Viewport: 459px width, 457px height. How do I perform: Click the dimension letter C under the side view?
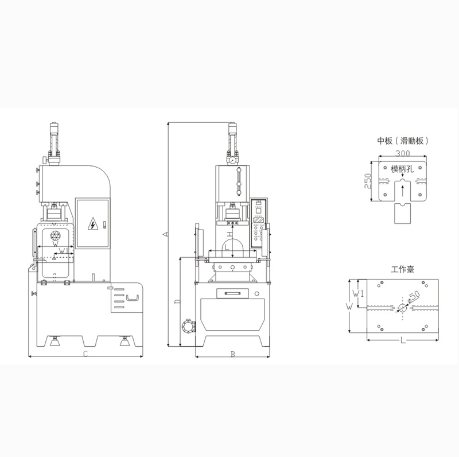[85, 354]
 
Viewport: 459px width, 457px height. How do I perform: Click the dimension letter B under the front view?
[233, 354]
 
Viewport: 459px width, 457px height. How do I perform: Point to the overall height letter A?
[165, 234]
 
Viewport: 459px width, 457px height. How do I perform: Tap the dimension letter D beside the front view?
[177, 302]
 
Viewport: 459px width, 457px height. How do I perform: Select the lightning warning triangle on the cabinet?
[93, 224]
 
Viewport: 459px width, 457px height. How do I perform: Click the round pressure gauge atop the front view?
[232, 160]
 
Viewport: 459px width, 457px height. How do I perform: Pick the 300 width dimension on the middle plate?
[403, 153]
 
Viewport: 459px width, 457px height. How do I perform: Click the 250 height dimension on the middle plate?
[368, 181]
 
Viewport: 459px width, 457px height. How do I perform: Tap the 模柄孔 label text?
[402, 169]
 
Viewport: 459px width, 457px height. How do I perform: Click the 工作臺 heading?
[403, 269]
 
